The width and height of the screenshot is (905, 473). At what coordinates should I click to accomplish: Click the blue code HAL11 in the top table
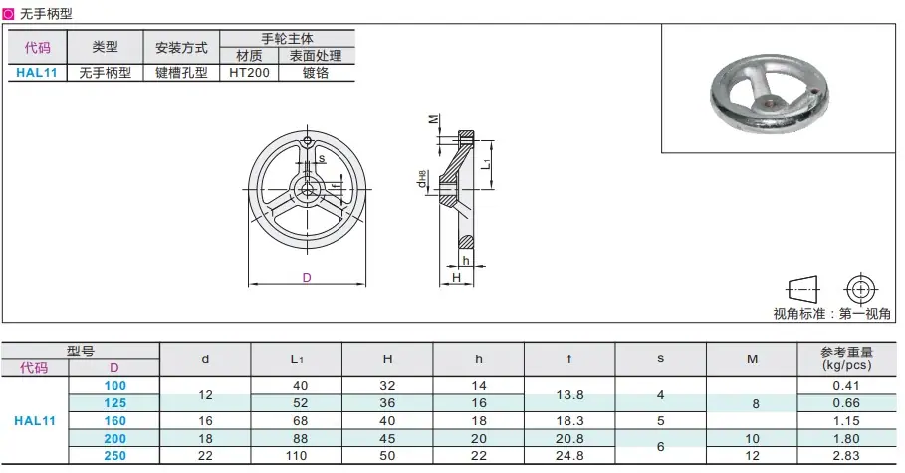[37, 73]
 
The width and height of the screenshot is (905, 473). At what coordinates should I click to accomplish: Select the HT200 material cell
[249, 73]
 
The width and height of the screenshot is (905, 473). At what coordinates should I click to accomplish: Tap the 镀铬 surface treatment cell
[316, 73]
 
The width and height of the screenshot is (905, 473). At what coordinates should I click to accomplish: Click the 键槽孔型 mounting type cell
[181, 73]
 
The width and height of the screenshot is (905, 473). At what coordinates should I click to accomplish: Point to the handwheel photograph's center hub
[769, 103]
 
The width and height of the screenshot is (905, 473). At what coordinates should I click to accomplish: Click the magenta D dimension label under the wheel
[307, 278]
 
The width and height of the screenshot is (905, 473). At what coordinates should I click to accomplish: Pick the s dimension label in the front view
[322, 158]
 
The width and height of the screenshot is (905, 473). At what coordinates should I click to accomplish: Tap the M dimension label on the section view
[433, 118]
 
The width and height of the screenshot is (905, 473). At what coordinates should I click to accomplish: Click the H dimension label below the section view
[457, 278]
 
